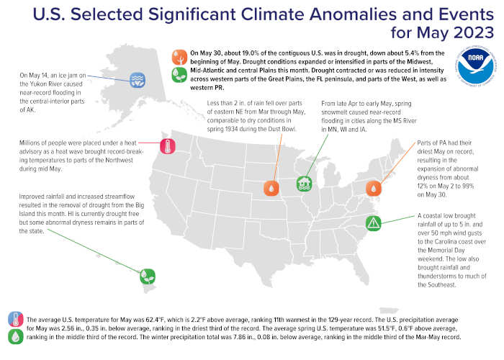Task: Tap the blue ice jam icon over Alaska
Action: pyautogui.click(x=138, y=81)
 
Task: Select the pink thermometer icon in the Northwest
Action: pyautogui.click(x=168, y=146)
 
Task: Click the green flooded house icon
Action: pyautogui.click(x=304, y=184)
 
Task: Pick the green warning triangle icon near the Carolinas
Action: pyautogui.click(x=373, y=223)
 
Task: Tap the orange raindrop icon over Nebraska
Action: pyautogui.click(x=271, y=188)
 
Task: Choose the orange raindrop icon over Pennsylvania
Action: pyautogui.click(x=374, y=188)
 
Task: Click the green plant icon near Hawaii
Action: pyautogui.click(x=148, y=276)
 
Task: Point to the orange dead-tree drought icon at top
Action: pyautogui.click(x=179, y=57)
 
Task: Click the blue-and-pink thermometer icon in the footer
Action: pyautogui.click(x=16, y=319)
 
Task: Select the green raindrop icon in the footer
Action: pyautogui.click(x=16, y=336)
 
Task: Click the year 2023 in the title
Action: pyautogui.click(x=474, y=32)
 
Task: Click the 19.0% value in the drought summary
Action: pyautogui.click(x=251, y=53)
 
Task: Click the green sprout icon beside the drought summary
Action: pyautogui.click(x=179, y=75)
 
